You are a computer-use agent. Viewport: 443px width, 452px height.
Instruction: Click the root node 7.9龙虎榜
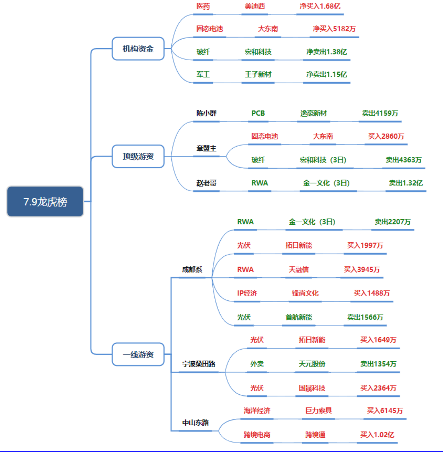coord(45,202)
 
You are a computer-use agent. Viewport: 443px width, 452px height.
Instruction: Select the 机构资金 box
coord(138,49)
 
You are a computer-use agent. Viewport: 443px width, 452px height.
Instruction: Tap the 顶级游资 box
coord(138,156)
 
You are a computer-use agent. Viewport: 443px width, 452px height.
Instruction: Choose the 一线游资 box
coord(138,354)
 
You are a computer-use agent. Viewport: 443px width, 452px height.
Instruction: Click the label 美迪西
coord(255,6)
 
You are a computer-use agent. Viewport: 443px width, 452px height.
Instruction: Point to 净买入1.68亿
coord(320,6)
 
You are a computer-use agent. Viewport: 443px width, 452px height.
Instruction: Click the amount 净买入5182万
coord(334,29)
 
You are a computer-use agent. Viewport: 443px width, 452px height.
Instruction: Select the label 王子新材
coord(258,74)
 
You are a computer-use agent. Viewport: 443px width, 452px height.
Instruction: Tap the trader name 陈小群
coord(206,113)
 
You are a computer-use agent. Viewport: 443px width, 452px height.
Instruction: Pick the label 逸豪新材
coord(313,113)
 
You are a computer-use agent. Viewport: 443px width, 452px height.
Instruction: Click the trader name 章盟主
coord(206,148)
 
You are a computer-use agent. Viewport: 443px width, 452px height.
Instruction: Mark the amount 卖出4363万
coord(403,160)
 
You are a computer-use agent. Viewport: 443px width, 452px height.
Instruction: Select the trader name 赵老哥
coord(206,183)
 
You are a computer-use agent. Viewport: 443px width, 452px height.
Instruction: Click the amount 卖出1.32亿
coord(406,183)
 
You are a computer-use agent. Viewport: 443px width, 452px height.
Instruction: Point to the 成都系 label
coord(192,269)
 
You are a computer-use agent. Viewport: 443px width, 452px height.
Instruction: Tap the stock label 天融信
coord(298,269)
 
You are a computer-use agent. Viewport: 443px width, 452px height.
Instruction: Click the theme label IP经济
coord(247,293)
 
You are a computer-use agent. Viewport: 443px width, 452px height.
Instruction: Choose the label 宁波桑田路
coord(199,364)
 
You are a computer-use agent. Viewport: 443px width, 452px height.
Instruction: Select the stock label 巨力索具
coord(318,411)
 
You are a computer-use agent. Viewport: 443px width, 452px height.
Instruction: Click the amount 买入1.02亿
coord(377,435)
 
